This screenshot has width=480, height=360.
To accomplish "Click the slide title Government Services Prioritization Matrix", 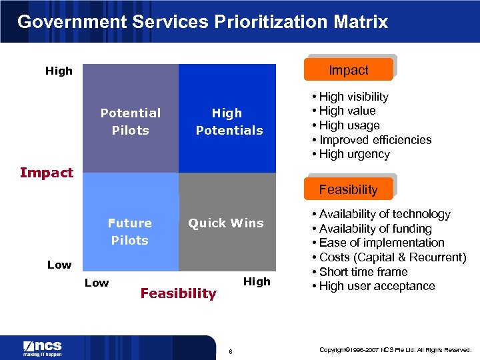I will (202, 21).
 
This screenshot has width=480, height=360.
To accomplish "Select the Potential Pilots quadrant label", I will (131, 121).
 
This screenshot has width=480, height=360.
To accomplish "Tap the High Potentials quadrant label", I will (229, 121).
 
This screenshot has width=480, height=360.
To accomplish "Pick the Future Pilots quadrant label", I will (130, 231).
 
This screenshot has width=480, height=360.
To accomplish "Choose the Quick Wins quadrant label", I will (226, 223).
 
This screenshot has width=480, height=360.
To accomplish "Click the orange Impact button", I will (349, 70).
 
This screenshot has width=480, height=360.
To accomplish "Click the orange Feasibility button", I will (348, 189).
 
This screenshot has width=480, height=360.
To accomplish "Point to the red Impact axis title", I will (47, 173).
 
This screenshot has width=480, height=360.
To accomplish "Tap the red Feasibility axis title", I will (178, 293).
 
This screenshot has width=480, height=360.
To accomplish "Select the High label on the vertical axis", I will (59, 71).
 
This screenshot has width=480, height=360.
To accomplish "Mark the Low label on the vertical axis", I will (59, 265).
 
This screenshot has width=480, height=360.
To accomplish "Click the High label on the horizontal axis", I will (257, 281).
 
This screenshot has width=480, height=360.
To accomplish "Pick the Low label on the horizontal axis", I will (97, 283).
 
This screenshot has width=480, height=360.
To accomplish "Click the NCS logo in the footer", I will (43, 348).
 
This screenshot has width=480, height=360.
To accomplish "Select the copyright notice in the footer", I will (395, 349).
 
